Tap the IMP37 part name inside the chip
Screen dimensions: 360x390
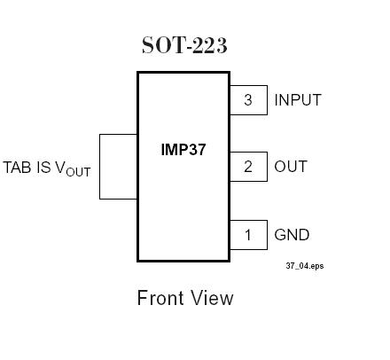(183, 149)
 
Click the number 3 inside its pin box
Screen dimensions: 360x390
(248, 100)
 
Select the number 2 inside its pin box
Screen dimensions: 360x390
(248, 167)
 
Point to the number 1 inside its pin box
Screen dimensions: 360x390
(248, 235)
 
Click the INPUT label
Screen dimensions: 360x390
(298, 100)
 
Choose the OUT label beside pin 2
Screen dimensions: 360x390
(292, 167)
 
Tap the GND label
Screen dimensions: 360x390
(292, 235)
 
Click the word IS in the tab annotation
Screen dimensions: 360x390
(43, 167)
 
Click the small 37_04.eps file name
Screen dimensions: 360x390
(304, 265)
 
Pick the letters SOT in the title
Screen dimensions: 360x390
(160, 45)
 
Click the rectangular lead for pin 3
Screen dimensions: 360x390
(248, 100)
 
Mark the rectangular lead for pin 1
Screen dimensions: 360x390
(248, 235)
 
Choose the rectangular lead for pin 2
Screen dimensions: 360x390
(248, 167)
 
